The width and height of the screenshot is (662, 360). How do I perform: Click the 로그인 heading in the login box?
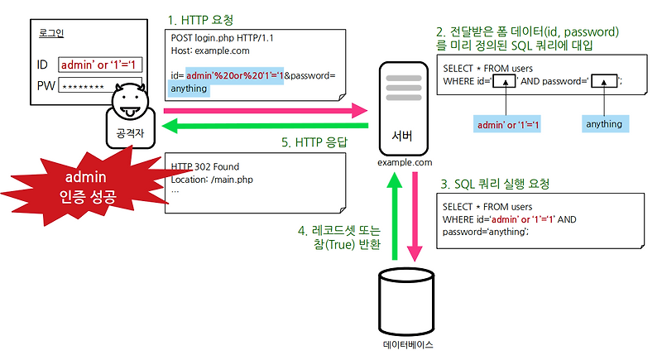51,33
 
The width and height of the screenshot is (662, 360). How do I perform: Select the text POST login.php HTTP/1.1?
223,38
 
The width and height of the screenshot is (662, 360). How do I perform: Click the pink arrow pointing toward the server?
265,110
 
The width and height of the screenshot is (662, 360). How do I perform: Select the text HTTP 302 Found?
206,166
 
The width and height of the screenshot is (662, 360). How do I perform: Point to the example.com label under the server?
404,163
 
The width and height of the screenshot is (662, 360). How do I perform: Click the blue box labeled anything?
604,124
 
